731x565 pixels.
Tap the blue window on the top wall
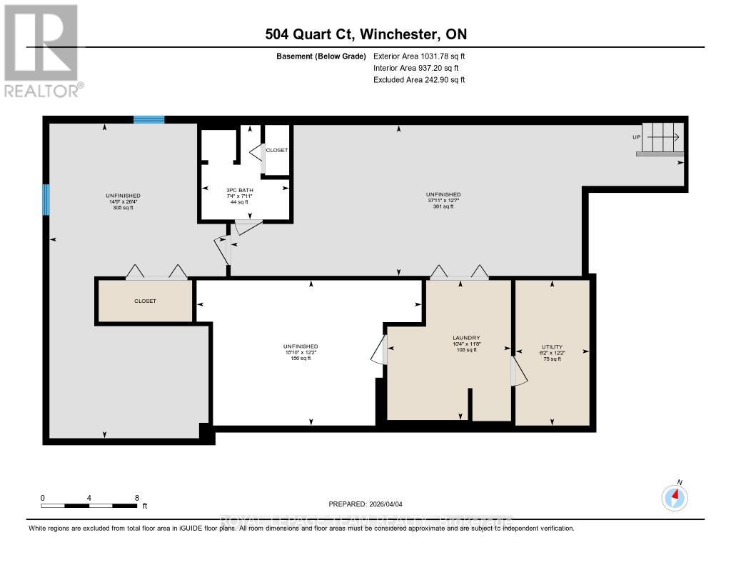pos(149,119)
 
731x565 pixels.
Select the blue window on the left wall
pos(46,199)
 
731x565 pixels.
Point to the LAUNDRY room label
pos(465,338)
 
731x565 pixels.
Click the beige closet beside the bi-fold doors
pos(145,301)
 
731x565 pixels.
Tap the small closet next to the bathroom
pos(277,150)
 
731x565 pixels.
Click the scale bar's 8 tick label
pos(136,497)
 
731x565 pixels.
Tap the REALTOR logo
pos(44,51)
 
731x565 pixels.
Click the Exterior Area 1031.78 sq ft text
pos(419,56)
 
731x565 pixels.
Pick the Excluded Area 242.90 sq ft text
pos(419,80)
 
